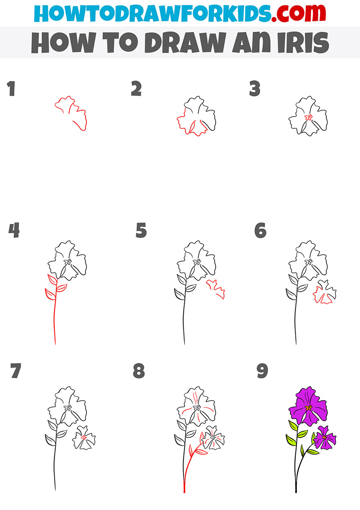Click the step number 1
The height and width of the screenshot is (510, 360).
click(11, 89)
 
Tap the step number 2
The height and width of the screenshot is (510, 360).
click(136, 89)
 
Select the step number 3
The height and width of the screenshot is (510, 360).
click(255, 89)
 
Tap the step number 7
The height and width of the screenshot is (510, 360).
click(15, 371)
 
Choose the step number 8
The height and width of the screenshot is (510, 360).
click(138, 371)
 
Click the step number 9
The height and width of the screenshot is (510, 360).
click(263, 371)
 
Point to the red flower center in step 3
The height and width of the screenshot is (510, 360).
click(309, 118)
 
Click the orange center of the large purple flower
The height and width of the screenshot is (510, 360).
click(308, 408)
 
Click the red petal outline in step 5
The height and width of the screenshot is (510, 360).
click(216, 289)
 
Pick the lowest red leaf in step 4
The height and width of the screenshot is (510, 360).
click(50, 293)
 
